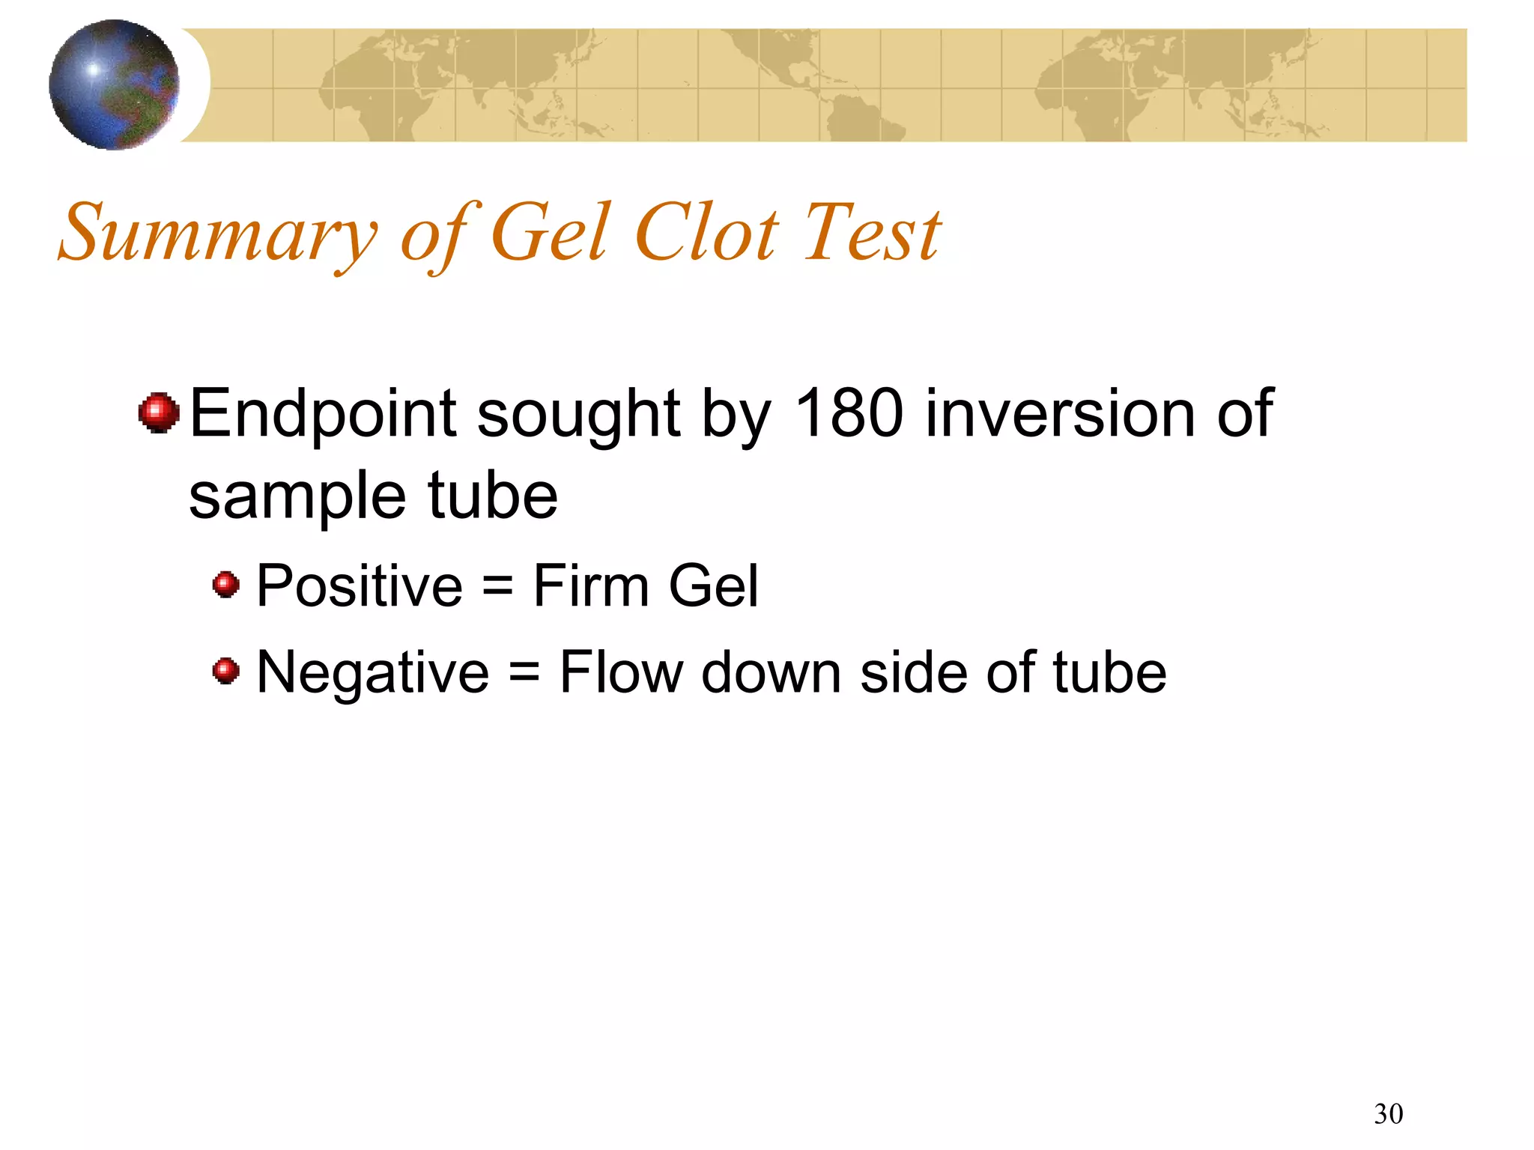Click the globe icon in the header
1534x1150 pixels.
tap(114, 85)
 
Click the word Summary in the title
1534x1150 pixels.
tap(217, 234)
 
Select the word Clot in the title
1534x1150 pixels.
tap(707, 234)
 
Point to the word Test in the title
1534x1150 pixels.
tap(872, 234)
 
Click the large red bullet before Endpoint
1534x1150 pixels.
tap(159, 413)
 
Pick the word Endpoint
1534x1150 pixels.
tap(323, 414)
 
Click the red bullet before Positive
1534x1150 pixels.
tap(225, 584)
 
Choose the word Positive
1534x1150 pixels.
tap(360, 585)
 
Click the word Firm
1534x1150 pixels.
tap(591, 585)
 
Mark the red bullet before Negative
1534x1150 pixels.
tap(225, 671)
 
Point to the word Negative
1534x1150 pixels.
tap(373, 672)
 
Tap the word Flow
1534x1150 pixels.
tap(621, 672)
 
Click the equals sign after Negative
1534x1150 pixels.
tap(524, 672)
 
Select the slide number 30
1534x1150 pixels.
tap(1388, 1114)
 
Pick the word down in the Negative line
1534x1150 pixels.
tap(771, 672)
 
